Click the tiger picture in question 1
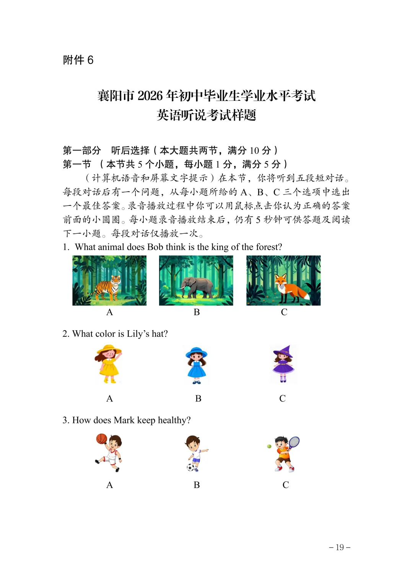tap(109, 281)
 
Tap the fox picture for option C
tap(283, 281)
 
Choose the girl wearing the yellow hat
tap(108, 364)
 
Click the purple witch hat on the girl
tap(283, 351)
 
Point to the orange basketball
tap(101, 439)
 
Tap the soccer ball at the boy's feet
tap(190, 467)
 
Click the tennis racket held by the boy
tap(294, 442)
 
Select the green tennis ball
tap(269, 446)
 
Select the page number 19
tap(340, 547)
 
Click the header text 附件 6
tap(78, 60)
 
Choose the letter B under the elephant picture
tap(197, 312)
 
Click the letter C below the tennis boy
tap(286, 485)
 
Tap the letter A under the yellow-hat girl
tap(109, 399)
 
